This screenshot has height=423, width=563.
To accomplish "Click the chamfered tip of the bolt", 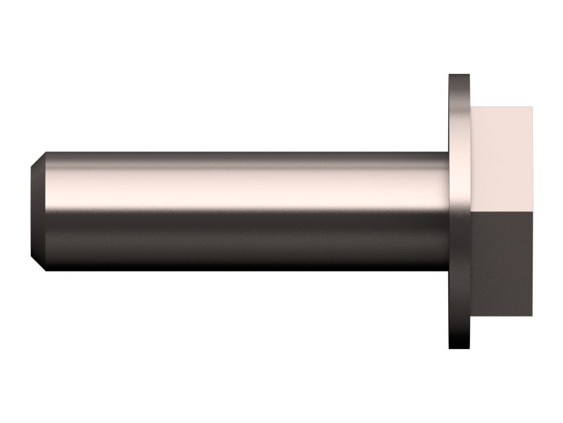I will pos(40,211).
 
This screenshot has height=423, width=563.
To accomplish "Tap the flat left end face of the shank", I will pos(34,211).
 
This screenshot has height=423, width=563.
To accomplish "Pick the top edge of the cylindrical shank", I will pos(246,153).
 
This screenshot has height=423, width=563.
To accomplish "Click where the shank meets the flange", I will pos(449,211).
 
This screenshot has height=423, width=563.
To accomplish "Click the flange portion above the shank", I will pos(460,113).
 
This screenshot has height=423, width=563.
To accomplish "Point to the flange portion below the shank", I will pos(460,310).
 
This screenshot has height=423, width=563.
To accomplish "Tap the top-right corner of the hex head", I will pos(532,108).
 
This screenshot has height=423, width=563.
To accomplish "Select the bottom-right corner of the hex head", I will pos(532,315).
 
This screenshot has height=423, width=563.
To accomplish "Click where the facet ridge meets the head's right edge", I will pos(532,210).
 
